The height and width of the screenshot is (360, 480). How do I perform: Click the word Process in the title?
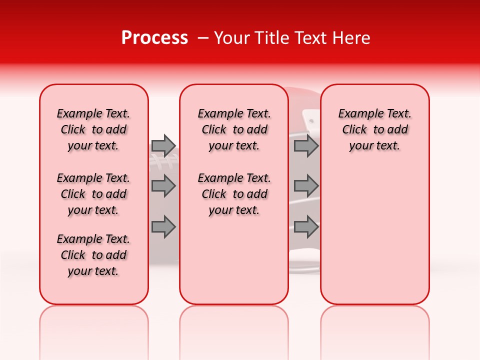point(154,38)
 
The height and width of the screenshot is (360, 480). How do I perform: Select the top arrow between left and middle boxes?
point(163,145)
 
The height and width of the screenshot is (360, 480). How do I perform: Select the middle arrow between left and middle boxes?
point(163,186)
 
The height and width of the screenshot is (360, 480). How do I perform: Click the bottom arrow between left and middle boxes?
point(163,227)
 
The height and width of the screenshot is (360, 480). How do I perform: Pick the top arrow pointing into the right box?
point(306,145)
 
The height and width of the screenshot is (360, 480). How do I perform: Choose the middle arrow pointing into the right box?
point(306,186)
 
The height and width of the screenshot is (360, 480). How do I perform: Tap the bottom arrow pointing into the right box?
point(306,227)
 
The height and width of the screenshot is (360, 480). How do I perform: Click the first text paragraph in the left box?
point(93,129)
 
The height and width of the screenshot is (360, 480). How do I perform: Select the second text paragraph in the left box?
point(93,194)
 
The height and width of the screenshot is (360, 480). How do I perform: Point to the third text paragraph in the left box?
point(93,255)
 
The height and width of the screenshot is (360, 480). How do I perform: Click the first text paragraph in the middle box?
point(234,129)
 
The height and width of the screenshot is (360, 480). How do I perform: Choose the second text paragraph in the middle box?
point(234,194)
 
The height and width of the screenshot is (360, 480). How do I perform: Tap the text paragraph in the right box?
point(374,129)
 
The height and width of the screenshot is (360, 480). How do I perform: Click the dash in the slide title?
point(203,38)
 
